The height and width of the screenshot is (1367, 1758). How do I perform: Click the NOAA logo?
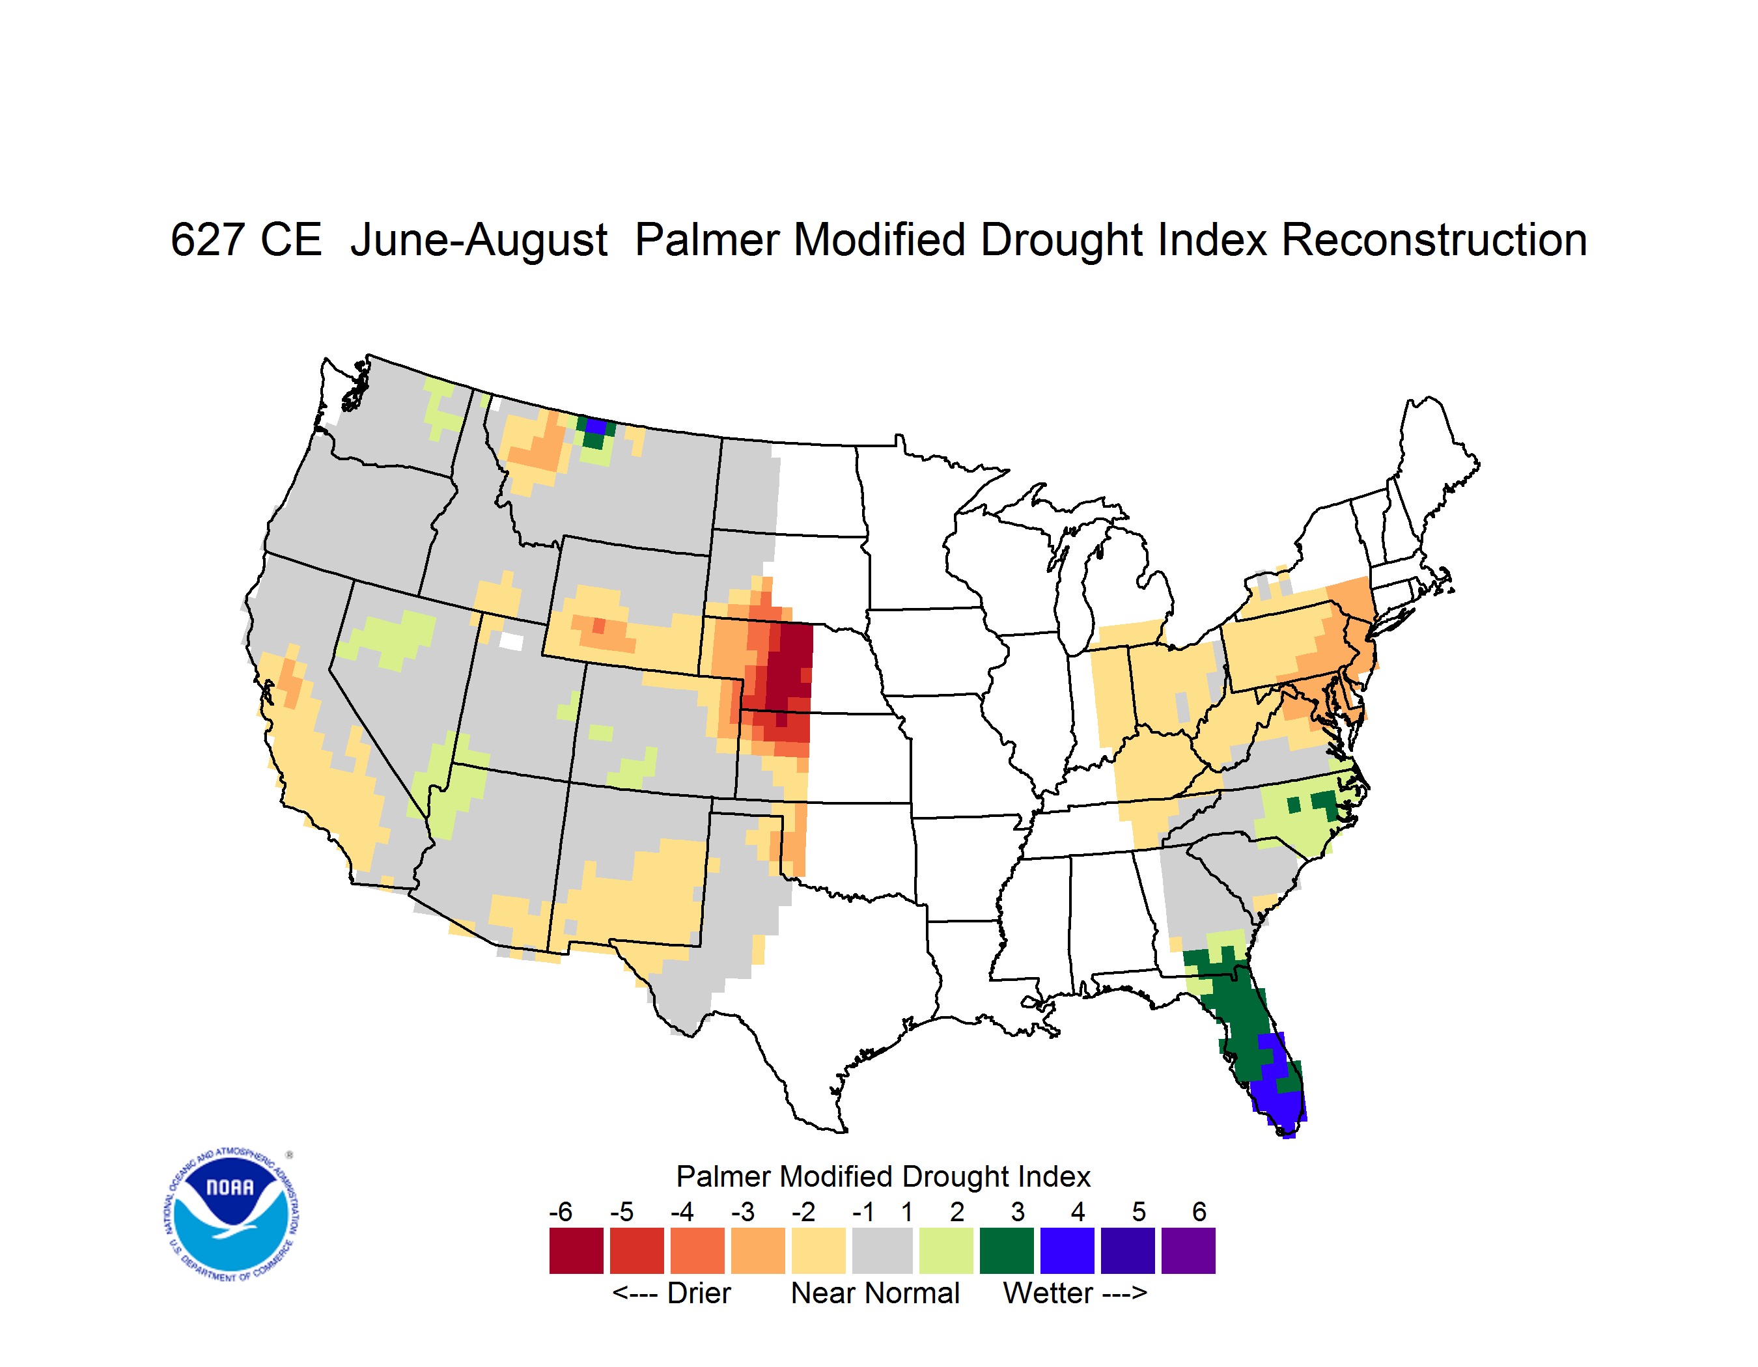[231, 1215]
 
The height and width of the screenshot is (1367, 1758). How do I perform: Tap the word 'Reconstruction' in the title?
[1434, 240]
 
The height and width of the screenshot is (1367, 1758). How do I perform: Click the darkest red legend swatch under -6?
[576, 1250]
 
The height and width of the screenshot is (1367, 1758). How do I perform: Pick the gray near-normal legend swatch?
[882, 1250]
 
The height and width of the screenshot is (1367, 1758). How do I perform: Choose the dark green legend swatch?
[1006, 1250]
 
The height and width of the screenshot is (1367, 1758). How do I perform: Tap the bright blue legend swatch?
[1067, 1250]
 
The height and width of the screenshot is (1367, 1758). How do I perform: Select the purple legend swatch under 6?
[1188, 1250]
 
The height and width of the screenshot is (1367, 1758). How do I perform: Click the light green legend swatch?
[946, 1250]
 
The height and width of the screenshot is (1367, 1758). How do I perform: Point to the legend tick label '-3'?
[742, 1211]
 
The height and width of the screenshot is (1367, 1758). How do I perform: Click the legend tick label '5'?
[1139, 1211]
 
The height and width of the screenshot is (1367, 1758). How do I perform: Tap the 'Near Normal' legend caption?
[875, 1293]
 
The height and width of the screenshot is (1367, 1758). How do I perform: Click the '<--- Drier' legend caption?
[671, 1293]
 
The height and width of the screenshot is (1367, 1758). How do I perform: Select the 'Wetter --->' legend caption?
[1074, 1293]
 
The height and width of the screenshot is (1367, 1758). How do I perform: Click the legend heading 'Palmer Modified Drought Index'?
[883, 1176]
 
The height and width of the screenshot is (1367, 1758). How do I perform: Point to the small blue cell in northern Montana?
[596, 426]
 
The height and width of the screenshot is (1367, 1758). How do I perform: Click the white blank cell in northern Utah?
[511, 641]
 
